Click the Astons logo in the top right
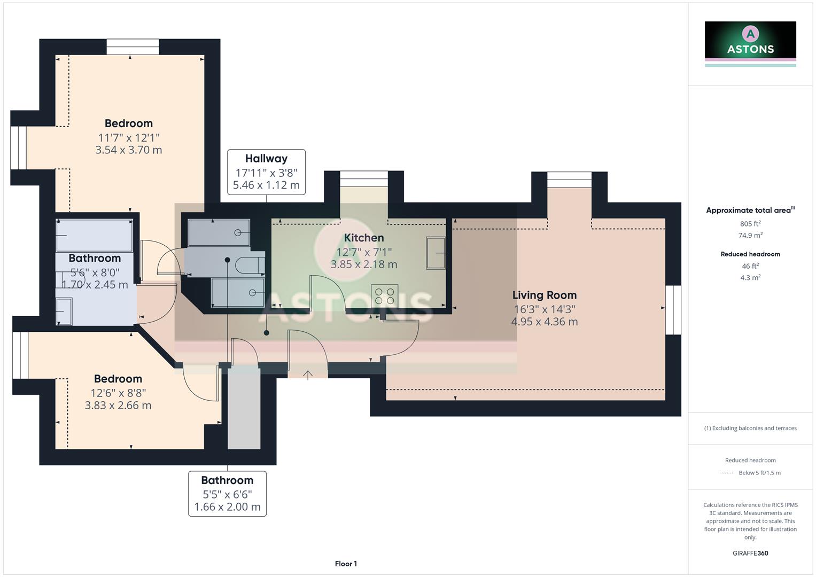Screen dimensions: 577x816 [750, 43]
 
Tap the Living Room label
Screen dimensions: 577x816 [544, 295]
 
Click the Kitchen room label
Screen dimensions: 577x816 [363, 238]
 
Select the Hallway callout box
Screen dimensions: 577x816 [266, 172]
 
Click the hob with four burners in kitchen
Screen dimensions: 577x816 [385, 295]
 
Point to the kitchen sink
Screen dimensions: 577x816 [436, 253]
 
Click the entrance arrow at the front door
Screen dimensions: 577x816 [308, 375]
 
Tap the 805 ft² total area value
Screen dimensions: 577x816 [750, 224]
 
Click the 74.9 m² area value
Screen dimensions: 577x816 [750, 235]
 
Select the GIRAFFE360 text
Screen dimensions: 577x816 [750, 553]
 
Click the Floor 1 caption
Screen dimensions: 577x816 [346, 564]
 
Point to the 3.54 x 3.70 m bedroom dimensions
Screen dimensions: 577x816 [129, 150]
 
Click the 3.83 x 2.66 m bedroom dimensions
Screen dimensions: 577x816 [118, 406]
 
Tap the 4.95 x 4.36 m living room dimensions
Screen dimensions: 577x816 [544, 322]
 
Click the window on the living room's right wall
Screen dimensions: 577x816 [673, 310]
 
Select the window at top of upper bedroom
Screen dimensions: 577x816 [133, 47]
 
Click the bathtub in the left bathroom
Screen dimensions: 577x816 [95, 235]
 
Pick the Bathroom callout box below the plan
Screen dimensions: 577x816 [227, 494]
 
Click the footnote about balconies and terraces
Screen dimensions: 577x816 [750, 428]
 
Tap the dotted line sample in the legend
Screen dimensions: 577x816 [727, 473]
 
